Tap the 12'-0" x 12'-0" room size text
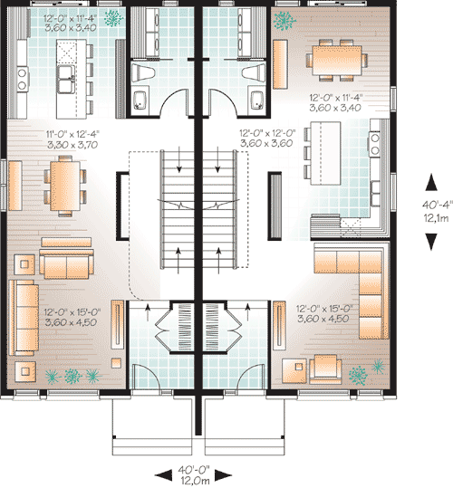pyautogui.click(x=266, y=137)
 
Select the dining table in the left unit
pyautogui.click(x=63, y=179)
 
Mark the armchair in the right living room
pyautogui.click(x=323, y=366)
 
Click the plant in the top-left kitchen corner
pyautogui.click(x=113, y=17)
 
